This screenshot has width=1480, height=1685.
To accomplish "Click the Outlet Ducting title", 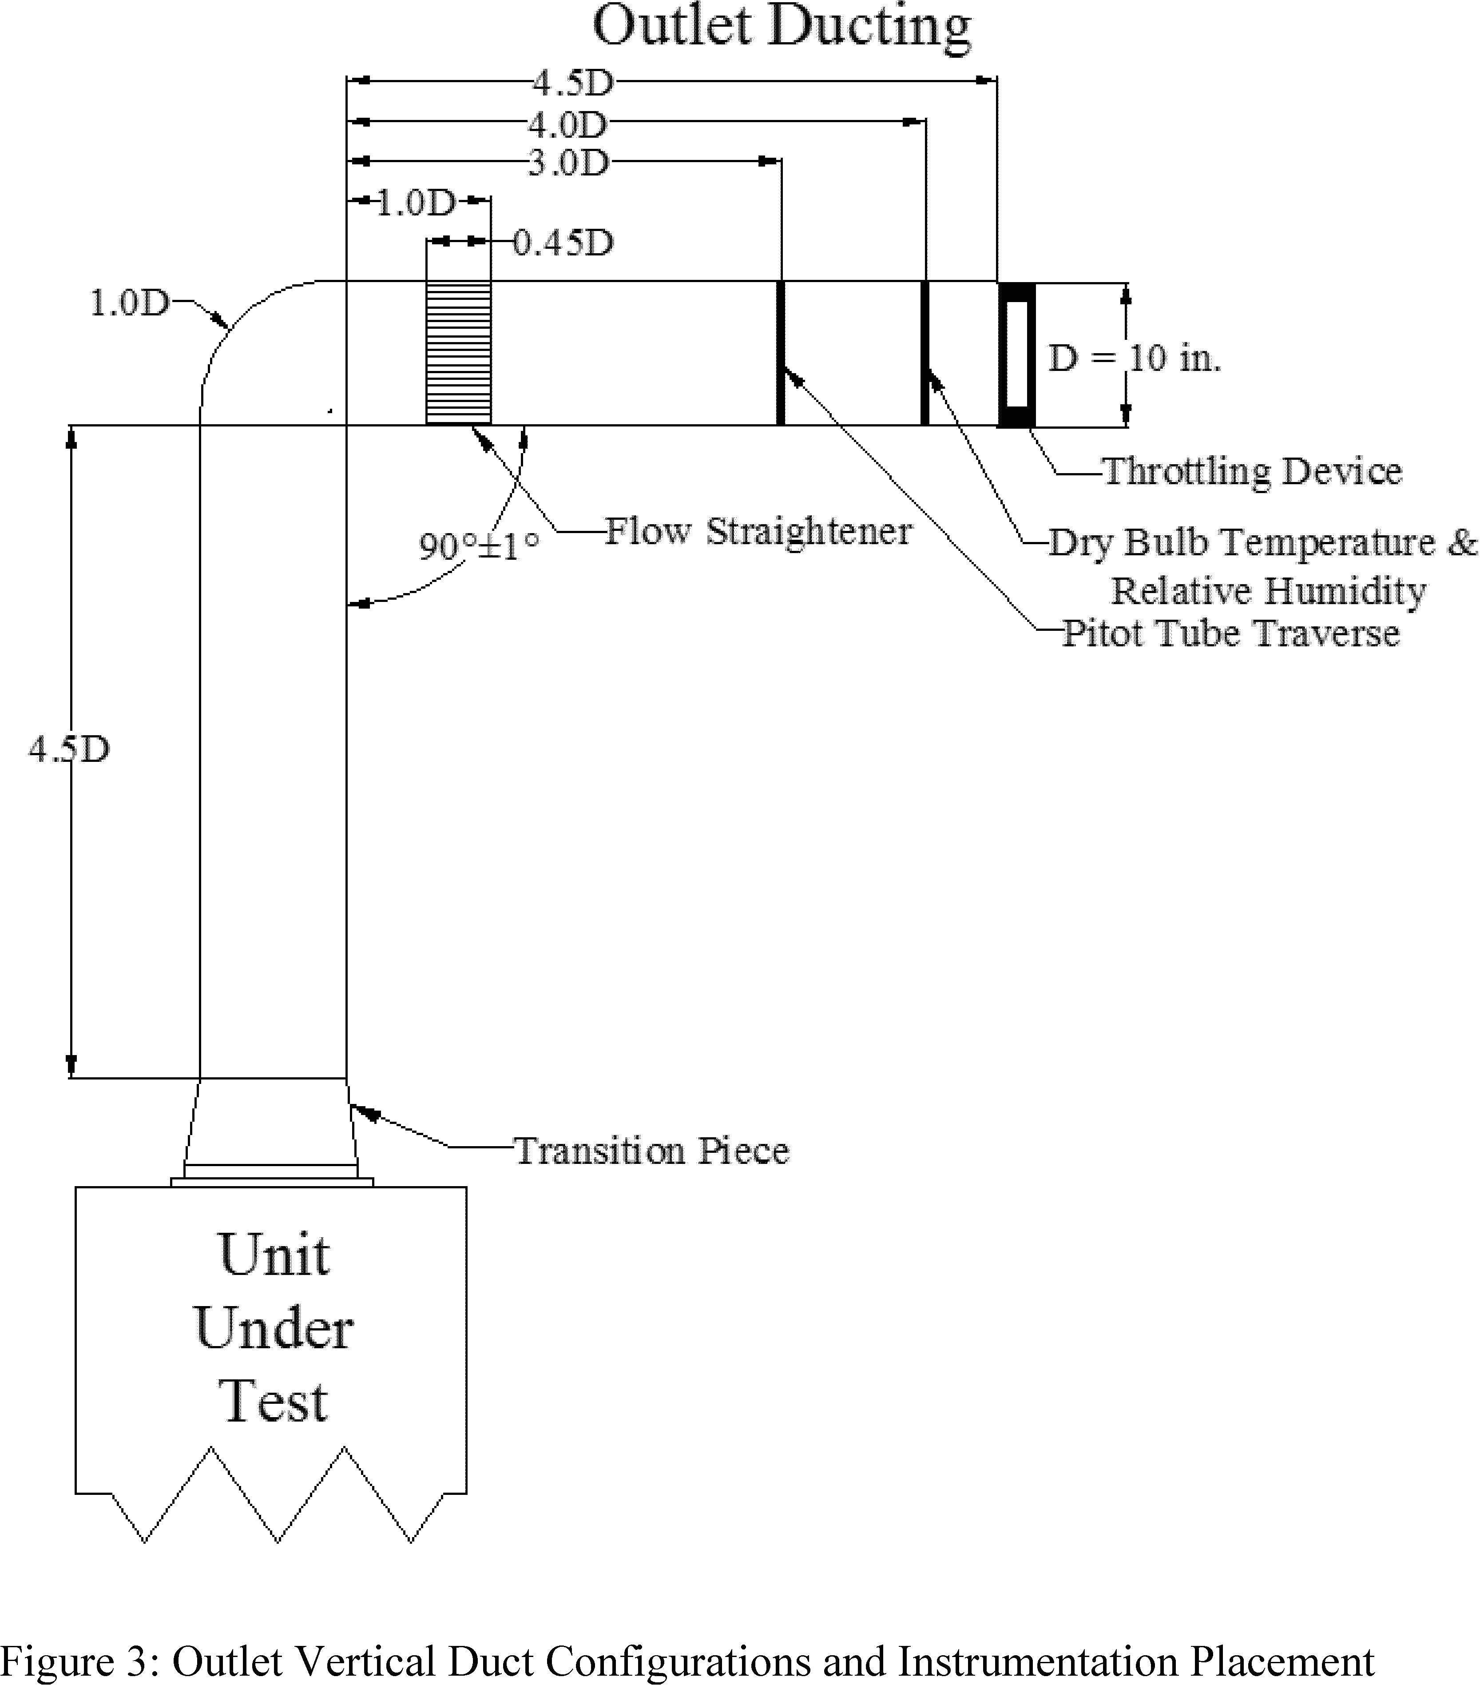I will (781, 26).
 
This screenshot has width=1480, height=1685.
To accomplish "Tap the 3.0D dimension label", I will (568, 163).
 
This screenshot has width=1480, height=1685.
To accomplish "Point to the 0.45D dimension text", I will (563, 243).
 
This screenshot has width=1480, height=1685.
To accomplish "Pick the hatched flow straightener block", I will (458, 353).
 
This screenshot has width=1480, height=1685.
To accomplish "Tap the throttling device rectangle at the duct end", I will (1016, 355).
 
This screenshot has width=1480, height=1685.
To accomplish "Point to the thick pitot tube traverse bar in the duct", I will (780, 353).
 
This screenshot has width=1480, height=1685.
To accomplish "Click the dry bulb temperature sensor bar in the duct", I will (925, 353).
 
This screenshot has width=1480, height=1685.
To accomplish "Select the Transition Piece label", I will (651, 1151).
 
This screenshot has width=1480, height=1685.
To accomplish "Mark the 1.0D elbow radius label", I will (129, 303).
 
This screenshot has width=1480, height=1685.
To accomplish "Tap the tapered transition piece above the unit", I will (271, 1122).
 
